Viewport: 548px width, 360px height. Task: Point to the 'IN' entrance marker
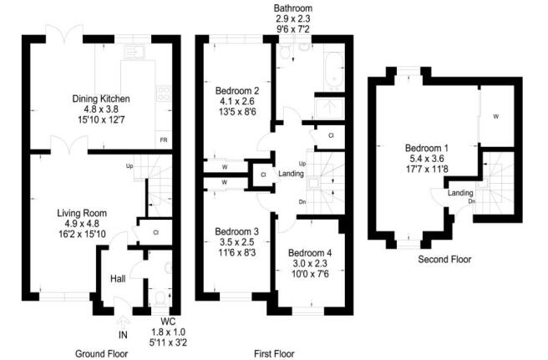(124, 335)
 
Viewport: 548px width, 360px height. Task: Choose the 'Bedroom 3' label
(236, 231)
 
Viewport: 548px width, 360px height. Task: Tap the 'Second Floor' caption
(444, 260)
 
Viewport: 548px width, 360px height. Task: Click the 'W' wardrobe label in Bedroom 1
(497, 116)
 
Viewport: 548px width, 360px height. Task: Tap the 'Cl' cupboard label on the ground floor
(155, 231)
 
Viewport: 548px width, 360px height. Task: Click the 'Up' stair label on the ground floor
(129, 165)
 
